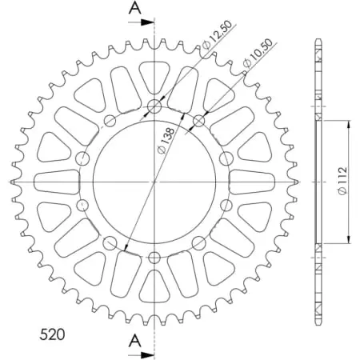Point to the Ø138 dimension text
(x=164, y=138)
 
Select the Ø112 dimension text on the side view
(x=342, y=182)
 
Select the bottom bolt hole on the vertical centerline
(x=154, y=257)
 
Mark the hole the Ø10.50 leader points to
(x=198, y=121)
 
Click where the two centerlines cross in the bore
(x=154, y=182)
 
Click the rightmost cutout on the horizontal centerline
(x=255, y=182)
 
